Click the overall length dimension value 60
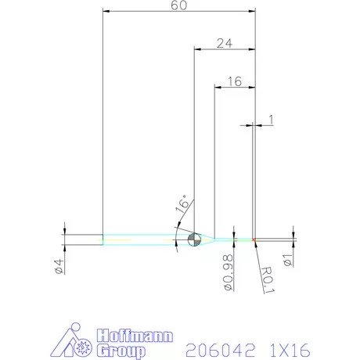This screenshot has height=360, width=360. point(180,5)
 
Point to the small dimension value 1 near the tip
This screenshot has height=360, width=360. point(271,119)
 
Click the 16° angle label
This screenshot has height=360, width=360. point(182,206)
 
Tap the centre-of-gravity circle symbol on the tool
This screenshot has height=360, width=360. point(194,239)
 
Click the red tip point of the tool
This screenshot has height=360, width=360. point(255,239)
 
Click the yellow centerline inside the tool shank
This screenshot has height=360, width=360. point(133,239)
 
